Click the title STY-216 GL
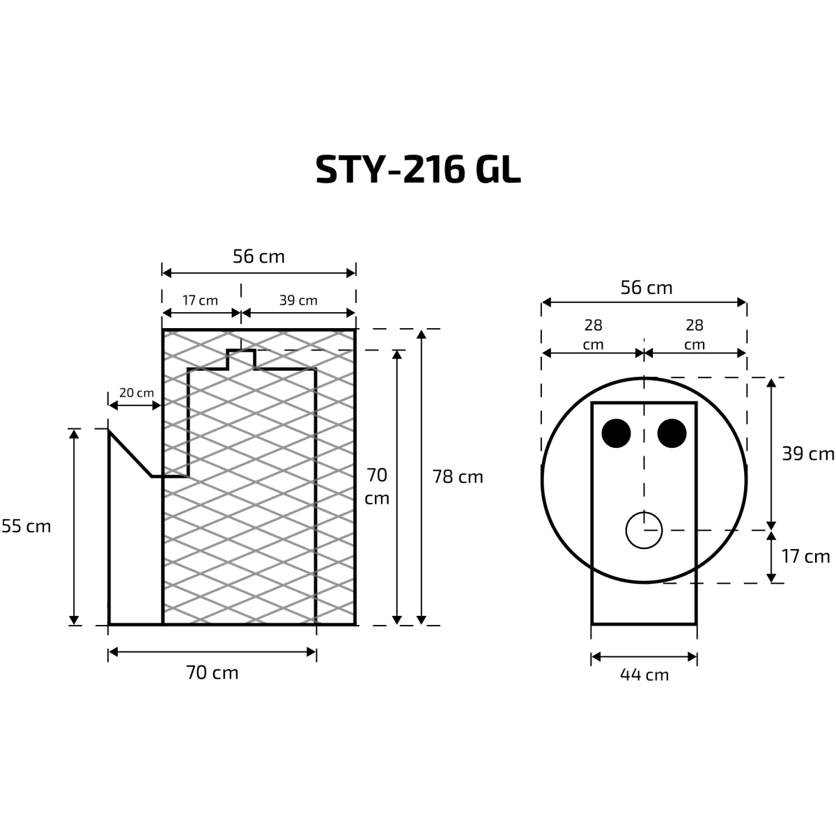pyautogui.click(x=418, y=169)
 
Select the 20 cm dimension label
pyautogui.click(x=137, y=393)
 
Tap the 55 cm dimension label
pyautogui.click(x=26, y=526)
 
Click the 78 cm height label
pyautogui.click(x=458, y=477)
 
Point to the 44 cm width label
pyautogui.click(x=644, y=675)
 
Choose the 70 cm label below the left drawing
pyautogui.click(x=212, y=673)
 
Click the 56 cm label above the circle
pyautogui.click(x=647, y=288)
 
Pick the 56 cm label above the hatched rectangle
pyautogui.click(x=258, y=256)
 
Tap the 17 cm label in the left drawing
pyautogui.click(x=200, y=300)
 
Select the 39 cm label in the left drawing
pyautogui.click(x=298, y=300)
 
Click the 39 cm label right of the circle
pyautogui.click(x=808, y=454)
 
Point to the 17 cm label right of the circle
pyautogui.click(x=805, y=557)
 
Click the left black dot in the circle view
pyautogui.click(x=616, y=433)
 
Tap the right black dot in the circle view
pyautogui.click(x=672, y=433)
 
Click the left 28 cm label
pyautogui.click(x=593, y=334)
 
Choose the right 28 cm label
pyautogui.click(x=695, y=334)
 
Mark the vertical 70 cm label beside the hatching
pyautogui.click(x=377, y=487)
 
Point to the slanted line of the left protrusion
pyautogui.click(x=130, y=454)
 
